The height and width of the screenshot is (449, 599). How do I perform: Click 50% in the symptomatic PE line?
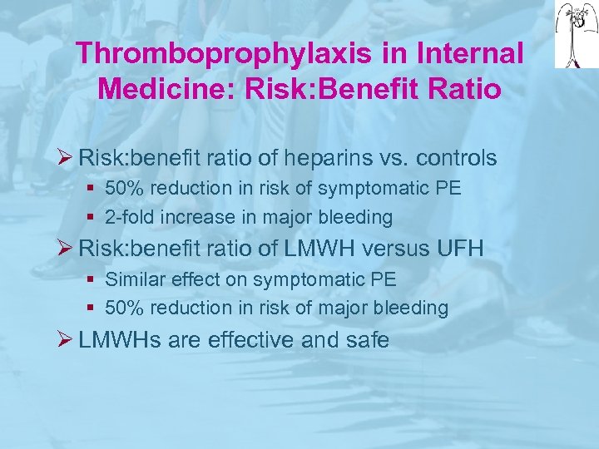point(124,189)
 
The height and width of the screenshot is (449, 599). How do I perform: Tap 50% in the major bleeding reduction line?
point(124,308)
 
